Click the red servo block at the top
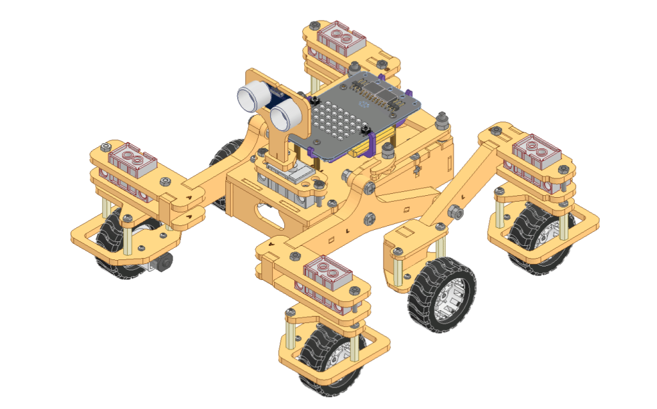point(342,39)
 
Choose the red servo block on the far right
point(538,150)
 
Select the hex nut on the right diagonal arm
point(453,211)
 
